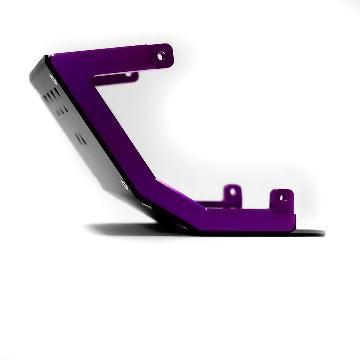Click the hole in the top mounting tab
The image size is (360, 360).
161,55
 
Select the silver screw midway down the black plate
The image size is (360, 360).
123,182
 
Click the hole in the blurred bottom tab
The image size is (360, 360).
232,192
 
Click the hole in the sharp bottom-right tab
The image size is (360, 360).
283,198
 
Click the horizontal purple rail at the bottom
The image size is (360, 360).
246,220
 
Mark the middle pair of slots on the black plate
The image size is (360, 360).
63,109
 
